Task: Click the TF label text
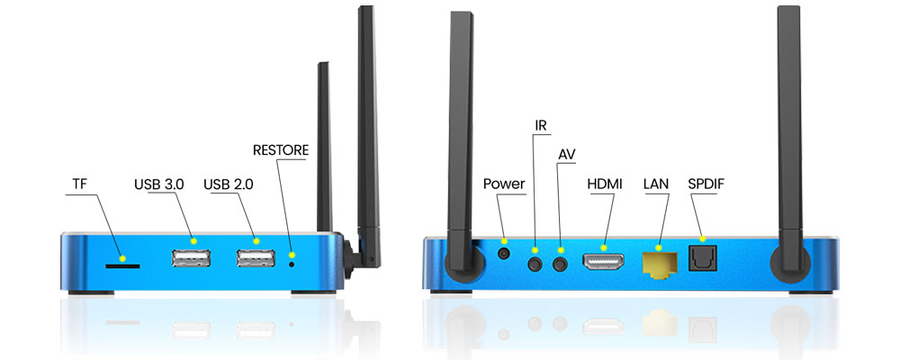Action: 79,184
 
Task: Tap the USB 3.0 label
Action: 159,184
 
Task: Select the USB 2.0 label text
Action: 229,184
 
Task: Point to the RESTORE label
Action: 281,150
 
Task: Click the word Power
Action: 504,184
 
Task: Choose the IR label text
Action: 541,126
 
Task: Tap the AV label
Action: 566,155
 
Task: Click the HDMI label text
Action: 604,184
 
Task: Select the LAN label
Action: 656,184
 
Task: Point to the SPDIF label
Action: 706,184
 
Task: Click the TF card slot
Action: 122,265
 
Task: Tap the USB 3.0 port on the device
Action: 191,258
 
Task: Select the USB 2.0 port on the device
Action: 256,258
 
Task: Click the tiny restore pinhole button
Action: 292,264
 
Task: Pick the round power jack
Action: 504,253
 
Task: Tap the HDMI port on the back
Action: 603,263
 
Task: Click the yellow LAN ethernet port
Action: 659,265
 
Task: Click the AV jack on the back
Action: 560,264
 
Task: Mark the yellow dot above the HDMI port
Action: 603,247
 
